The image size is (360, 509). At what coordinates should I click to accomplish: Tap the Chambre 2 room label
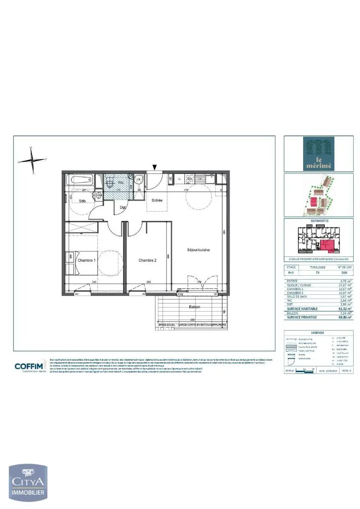click(147, 260)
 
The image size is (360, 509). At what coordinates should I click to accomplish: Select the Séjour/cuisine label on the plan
click(198, 250)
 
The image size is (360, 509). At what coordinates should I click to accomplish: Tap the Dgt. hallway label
click(123, 207)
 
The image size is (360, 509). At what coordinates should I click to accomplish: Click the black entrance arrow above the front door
click(155, 168)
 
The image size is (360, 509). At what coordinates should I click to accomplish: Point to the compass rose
click(32, 160)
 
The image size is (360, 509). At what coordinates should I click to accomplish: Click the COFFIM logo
click(29, 367)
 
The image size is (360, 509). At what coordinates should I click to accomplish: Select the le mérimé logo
click(318, 154)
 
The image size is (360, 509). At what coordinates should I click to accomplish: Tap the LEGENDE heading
click(318, 333)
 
